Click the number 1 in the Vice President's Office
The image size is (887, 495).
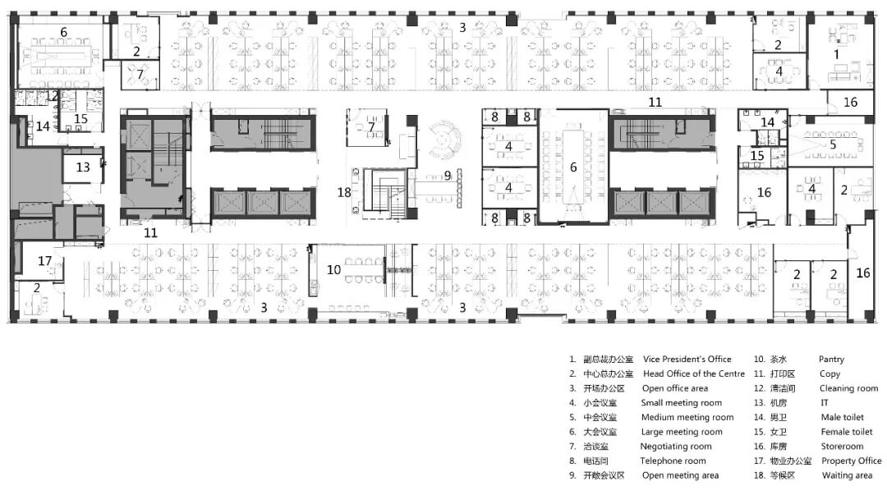pos(836,54)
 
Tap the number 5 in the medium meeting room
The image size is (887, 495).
pos(833,144)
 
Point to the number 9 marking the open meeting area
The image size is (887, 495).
pos(448,176)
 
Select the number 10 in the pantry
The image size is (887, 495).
pos(333,270)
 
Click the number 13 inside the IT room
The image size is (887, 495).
pos(83,167)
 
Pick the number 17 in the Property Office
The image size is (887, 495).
pos(44,261)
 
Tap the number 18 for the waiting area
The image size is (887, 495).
pos(344,192)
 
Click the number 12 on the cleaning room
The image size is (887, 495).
pos(52,96)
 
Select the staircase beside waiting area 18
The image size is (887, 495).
pos(384,194)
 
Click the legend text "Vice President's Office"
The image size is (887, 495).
pos(687,360)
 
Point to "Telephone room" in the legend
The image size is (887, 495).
pos(673,461)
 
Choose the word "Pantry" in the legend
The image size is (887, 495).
pos(831,360)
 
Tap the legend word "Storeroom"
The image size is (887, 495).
pos(842,447)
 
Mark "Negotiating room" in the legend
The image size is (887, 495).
pos(675,447)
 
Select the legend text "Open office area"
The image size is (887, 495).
pos(675,388)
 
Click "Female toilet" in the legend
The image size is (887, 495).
pos(846,432)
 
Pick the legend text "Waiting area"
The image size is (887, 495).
pos(847,475)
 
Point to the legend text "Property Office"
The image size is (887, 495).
pos(852,461)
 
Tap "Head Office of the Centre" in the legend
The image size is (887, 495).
pos(693,374)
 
